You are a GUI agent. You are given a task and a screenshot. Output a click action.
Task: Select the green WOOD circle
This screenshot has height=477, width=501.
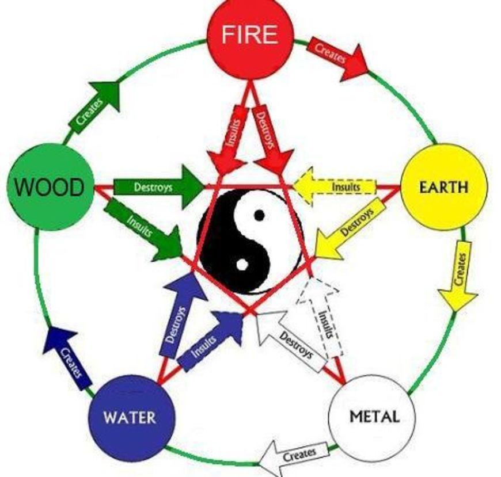(50, 187)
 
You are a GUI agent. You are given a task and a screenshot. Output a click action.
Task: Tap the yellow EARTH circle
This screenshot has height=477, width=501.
(443, 187)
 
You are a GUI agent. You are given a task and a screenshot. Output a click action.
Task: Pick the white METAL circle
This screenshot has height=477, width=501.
(371, 416)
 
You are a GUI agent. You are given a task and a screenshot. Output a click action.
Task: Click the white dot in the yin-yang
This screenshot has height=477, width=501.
(242, 265)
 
